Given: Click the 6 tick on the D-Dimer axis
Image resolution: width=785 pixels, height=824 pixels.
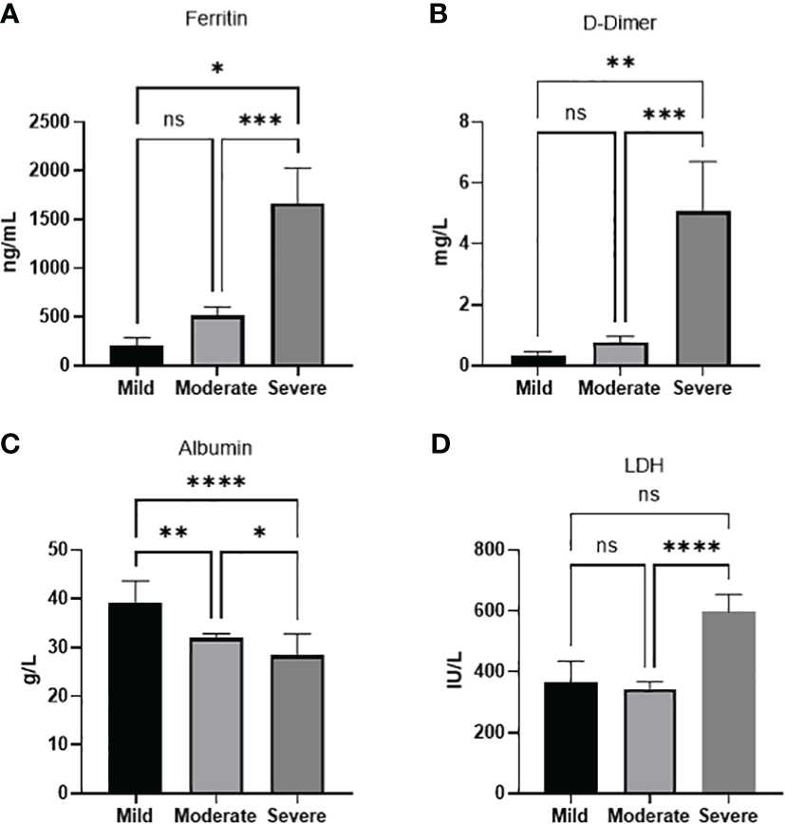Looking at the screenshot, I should click(504, 183).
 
